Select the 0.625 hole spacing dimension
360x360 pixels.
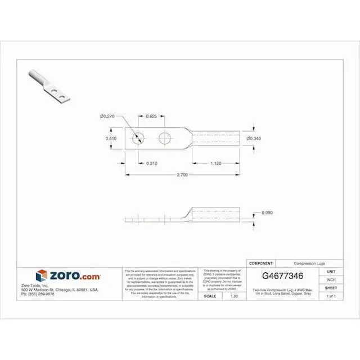pos(151,116)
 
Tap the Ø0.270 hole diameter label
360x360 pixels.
pos(107,116)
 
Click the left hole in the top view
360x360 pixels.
pos(138,138)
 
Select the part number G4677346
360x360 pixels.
pos(283,277)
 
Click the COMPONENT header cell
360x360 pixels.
pos(261,263)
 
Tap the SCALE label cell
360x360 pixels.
pos(210,296)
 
